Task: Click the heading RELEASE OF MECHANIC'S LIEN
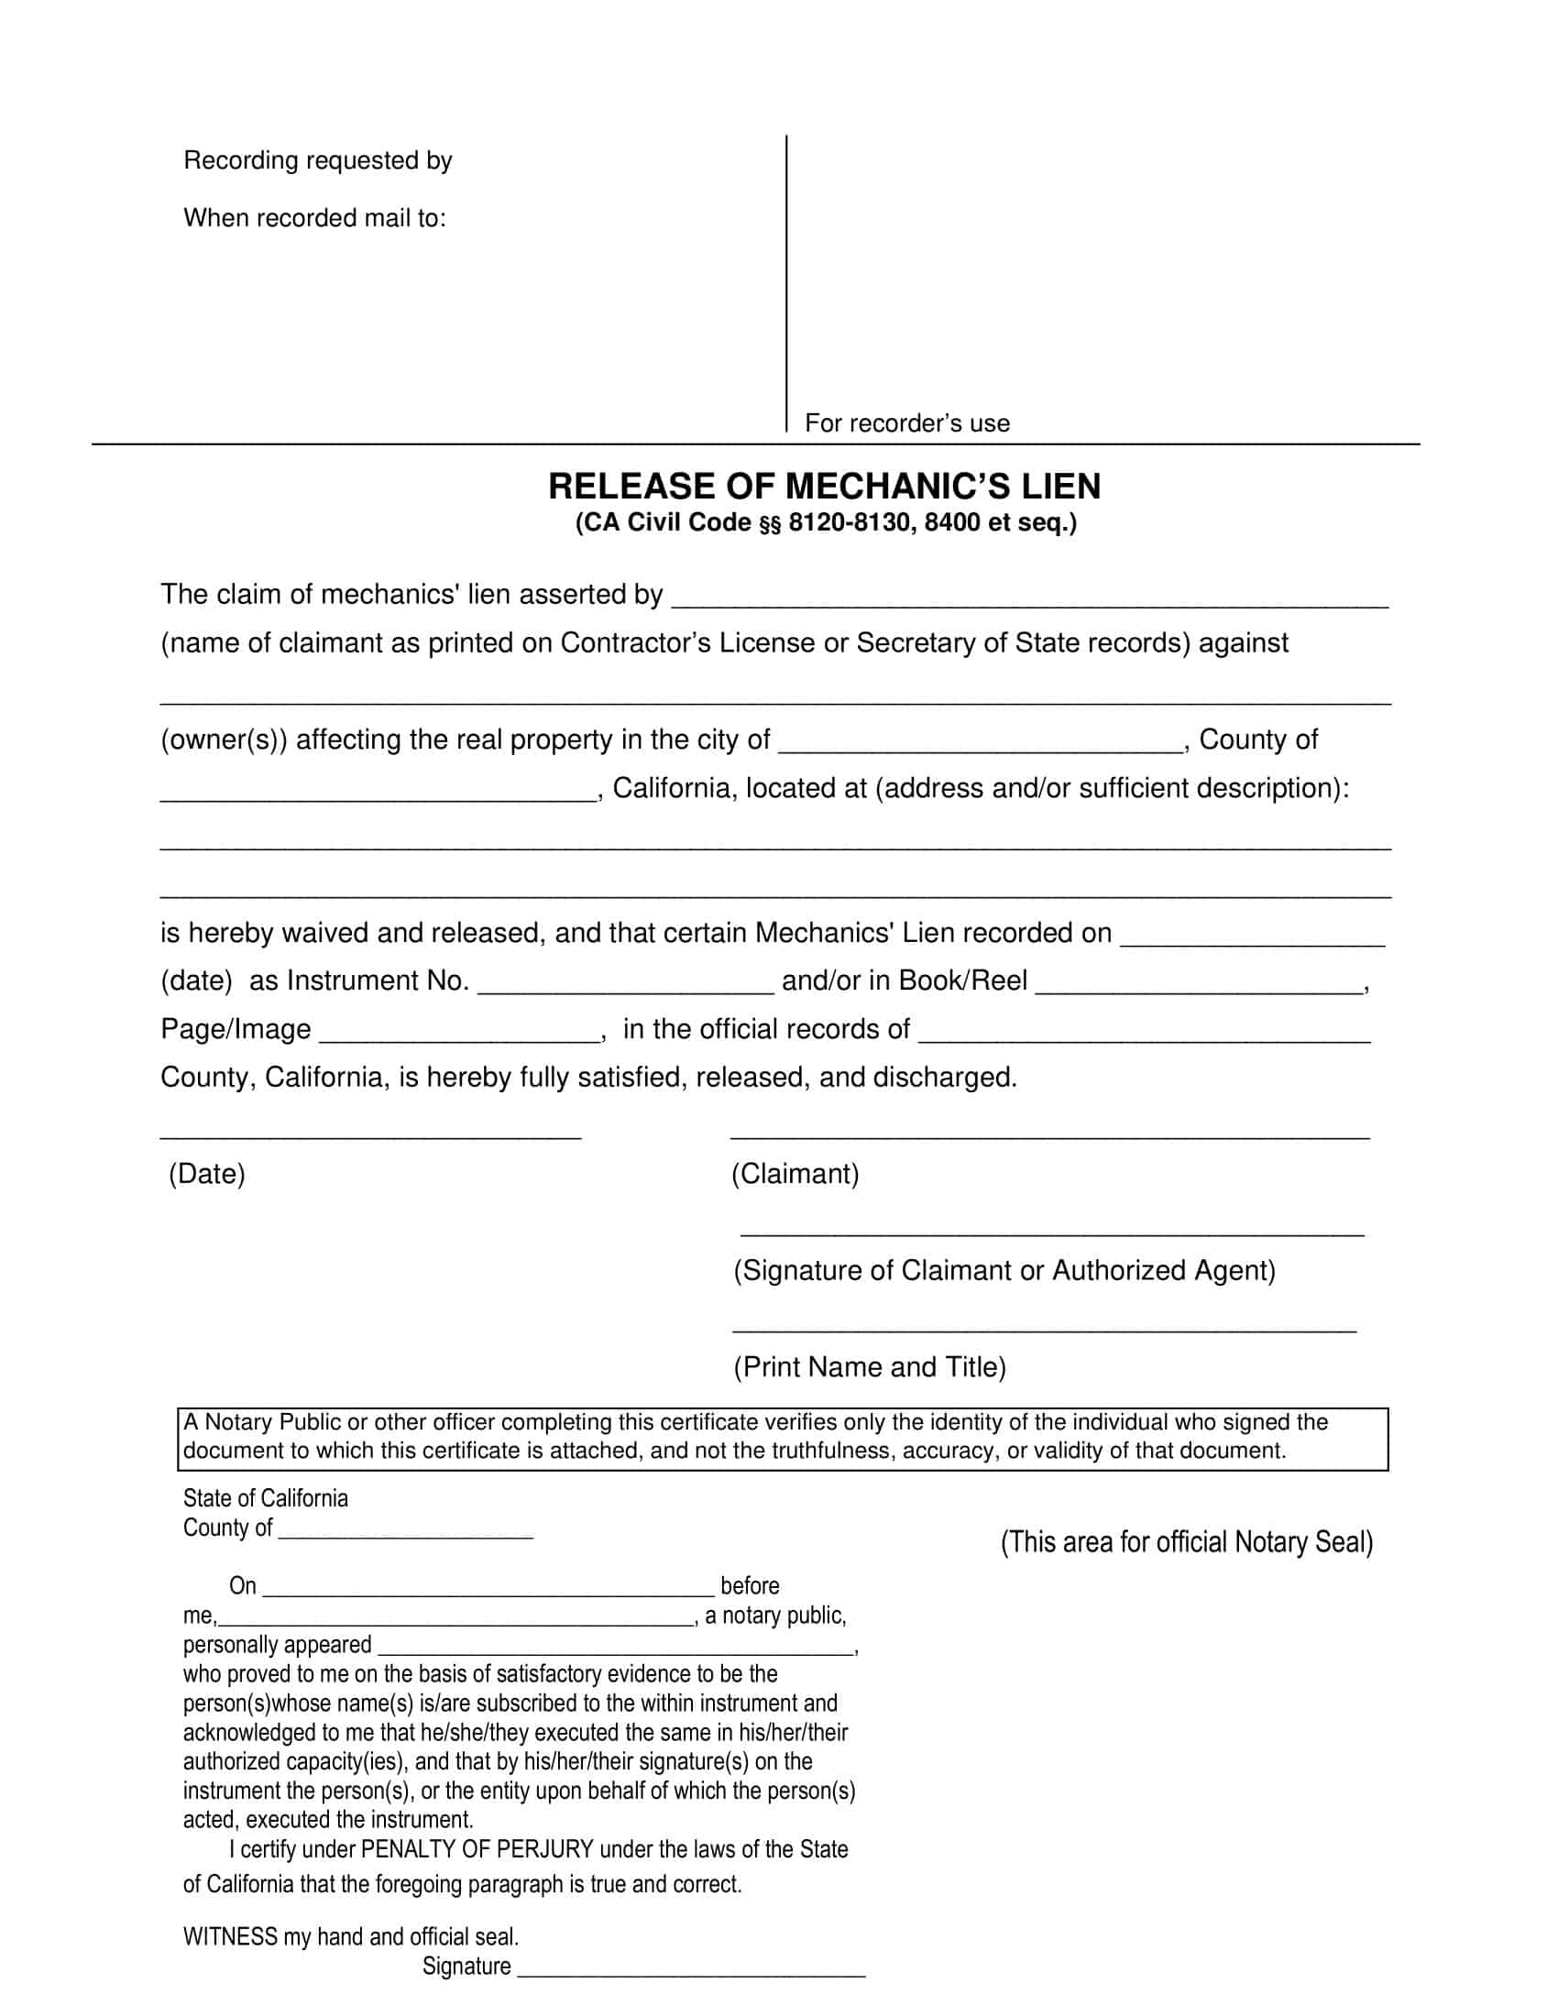point(824,487)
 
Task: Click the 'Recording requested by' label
point(317,160)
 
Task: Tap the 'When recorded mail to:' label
point(314,218)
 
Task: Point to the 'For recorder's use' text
point(907,422)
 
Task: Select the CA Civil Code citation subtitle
point(826,523)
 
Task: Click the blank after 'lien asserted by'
point(1029,598)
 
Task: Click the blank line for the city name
point(981,744)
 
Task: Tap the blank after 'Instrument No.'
point(626,984)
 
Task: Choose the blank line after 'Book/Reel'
point(1200,984)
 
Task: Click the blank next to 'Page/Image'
point(460,1033)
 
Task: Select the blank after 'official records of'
point(1145,1033)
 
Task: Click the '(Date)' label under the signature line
point(207,1174)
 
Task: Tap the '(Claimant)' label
point(795,1174)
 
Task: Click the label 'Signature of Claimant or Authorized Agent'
point(1004,1271)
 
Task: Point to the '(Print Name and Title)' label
point(870,1367)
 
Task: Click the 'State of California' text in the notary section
point(266,1498)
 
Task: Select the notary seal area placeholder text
point(1187,1542)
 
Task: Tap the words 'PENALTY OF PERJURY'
point(477,1850)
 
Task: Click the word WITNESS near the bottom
point(230,1936)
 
